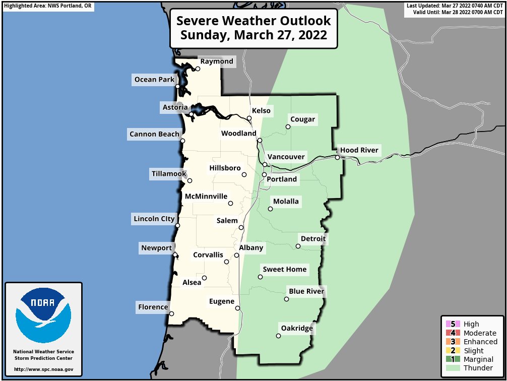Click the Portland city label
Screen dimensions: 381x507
click(x=282, y=179)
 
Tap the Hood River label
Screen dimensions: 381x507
click(x=359, y=150)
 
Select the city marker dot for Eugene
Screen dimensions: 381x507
click(x=237, y=308)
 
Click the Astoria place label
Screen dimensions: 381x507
click(x=175, y=107)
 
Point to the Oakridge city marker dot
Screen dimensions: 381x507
click(x=278, y=336)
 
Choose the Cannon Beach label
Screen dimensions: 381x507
click(x=154, y=134)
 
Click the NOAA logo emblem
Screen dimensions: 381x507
click(x=43, y=315)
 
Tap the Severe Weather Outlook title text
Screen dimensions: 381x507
click(x=254, y=21)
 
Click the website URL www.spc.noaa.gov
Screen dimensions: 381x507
click(x=43, y=369)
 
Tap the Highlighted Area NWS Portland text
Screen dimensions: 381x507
click(x=48, y=6)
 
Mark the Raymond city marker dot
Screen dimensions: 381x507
click(x=198, y=69)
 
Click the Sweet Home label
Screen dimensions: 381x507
click(x=284, y=270)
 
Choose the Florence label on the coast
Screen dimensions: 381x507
click(x=153, y=307)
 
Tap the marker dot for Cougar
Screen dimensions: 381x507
click(x=288, y=126)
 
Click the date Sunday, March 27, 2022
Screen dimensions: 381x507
click(x=254, y=36)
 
